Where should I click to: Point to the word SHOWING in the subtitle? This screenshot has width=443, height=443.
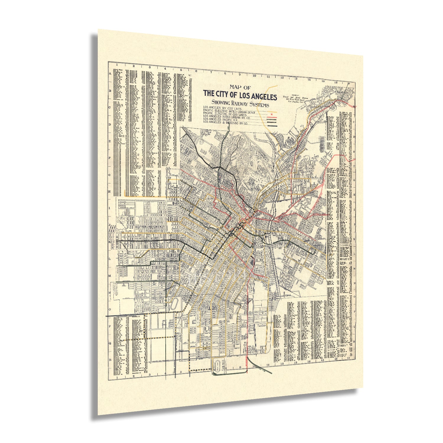[x=222, y=102]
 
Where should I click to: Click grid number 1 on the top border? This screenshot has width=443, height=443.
[x=117, y=64]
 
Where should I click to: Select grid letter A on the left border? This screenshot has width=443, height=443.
[x=110, y=74]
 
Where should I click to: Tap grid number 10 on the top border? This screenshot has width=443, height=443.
[x=254, y=76]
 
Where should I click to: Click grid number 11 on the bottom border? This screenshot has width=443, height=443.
[x=268, y=365]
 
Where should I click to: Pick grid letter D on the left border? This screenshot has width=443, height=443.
[x=110, y=124]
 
